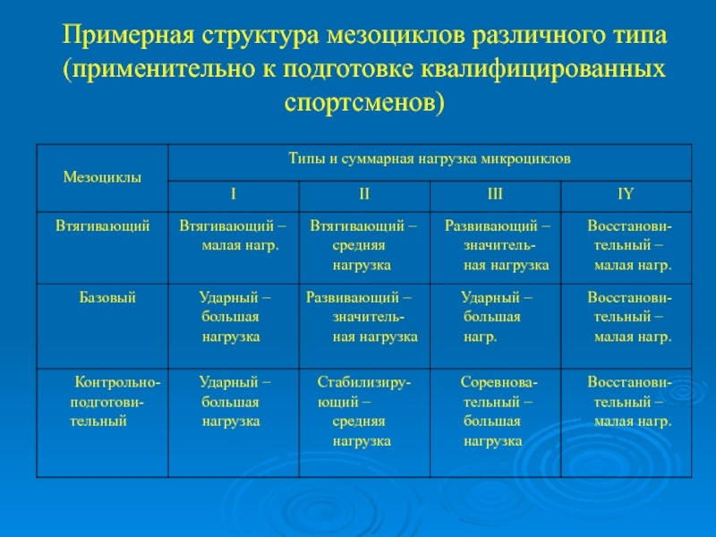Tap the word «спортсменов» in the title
(x=364, y=102)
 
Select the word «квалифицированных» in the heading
(x=542, y=69)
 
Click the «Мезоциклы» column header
(x=102, y=177)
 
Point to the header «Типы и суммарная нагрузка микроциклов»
(x=430, y=159)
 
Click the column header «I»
(x=234, y=194)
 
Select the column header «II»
(x=364, y=194)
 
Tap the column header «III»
(x=495, y=194)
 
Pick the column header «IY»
(x=626, y=194)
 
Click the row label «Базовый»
(x=107, y=298)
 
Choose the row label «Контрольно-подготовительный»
(x=115, y=401)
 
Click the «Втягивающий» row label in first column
(x=103, y=226)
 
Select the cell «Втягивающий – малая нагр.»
(x=233, y=235)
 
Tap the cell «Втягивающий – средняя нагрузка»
(x=363, y=245)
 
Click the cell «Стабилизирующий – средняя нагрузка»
(x=364, y=411)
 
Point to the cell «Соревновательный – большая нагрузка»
(x=499, y=411)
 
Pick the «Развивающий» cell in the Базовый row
(x=362, y=317)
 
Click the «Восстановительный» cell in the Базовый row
(x=630, y=317)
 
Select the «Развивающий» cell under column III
(x=498, y=245)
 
